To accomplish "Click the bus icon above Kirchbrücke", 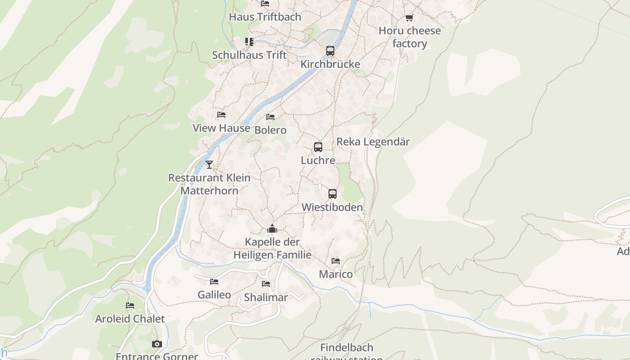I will click(x=330, y=50).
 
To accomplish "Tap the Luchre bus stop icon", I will click(x=318, y=147).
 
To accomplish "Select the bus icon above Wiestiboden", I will click(x=333, y=194).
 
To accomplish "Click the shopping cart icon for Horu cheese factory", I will click(x=409, y=18).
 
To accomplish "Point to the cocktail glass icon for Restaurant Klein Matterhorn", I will click(x=209, y=164).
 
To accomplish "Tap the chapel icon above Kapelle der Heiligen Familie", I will click(x=272, y=229).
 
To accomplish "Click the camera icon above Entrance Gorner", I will click(x=157, y=344).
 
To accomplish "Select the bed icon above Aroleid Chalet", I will click(x=130, y=306).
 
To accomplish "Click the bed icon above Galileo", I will click(x=214, y=282).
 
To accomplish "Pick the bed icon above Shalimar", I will click(x=266, y=284).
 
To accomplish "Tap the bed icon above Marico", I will click(x=336, y=261).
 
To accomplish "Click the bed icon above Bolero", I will click(x=270, y=117).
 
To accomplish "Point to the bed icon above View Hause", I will click(x=221, y=115).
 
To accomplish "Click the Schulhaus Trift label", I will click(x=249, y=55).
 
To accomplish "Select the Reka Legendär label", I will click(x=373, y=142).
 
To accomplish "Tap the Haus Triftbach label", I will click(x=265, y=17).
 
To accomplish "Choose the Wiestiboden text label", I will click(x=332, y=207).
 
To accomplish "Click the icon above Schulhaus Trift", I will click(x=249, y=42).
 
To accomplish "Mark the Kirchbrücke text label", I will click(x=330, y=64).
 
